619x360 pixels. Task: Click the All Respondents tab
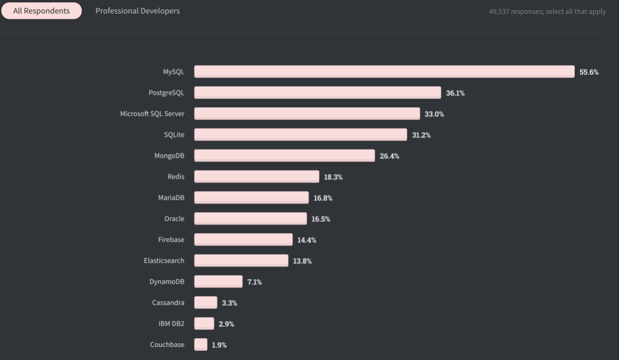pos(42,11)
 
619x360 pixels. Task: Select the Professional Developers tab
pos(137,11)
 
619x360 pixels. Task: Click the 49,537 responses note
pos(547,11)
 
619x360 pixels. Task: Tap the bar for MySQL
pos(384,72)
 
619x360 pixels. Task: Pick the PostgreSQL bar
pos(317,93)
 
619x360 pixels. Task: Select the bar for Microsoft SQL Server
pos(307,113)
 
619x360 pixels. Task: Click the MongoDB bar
pos(284,156)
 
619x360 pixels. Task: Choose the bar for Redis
pos(257,177)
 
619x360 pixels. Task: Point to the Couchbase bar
pos(201,344)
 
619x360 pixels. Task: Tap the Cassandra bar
pos(206,303)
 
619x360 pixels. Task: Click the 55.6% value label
pos(589,72)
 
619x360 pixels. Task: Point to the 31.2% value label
pos(421,135)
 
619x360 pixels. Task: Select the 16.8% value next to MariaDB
pos(323,198)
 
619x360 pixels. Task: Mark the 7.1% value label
pos(254,282)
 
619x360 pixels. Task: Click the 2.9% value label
pos(226,324)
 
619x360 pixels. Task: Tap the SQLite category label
pos(174,134)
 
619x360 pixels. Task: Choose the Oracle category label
pos(174,218)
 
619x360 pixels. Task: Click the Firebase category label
pos(171,239)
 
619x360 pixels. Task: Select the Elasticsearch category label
pos(164,261)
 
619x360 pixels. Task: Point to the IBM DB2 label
pos(171,323)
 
